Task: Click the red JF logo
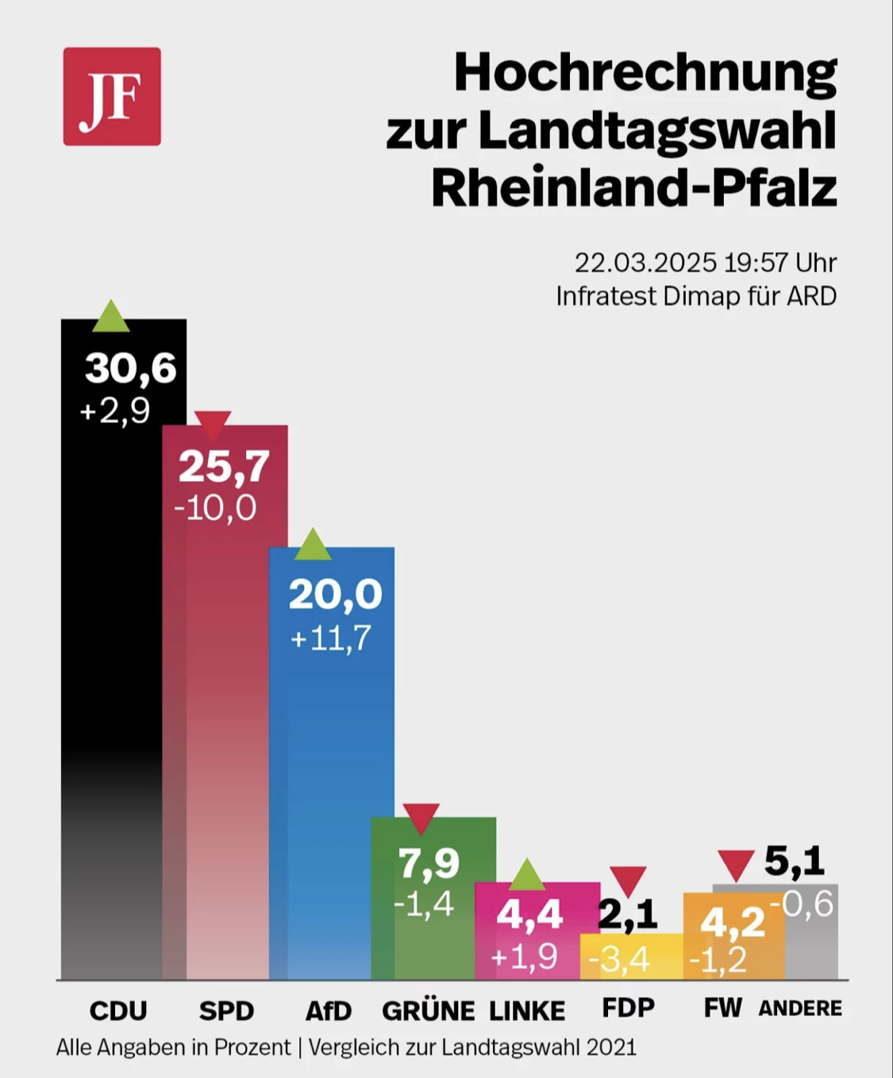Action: (x=112, y=96)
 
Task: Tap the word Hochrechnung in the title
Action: (x=645, y=72)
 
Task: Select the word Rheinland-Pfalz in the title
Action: (x=633, y=188)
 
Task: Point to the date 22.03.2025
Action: (x=645, y=263)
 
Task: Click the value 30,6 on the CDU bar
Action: (x=130, y=368)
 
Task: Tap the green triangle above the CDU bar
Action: (x=111, y=316)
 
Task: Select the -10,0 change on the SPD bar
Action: (x=215, y=508)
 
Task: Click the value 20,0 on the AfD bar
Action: (x=335, y=594)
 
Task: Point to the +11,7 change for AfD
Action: (x=330, y=638)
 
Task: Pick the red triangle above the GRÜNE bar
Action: (x=421, y=818)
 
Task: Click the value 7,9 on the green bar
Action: (x=429, y=863)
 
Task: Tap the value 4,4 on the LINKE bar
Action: (x=529, y=915)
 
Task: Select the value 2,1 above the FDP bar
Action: (x=627, y=915)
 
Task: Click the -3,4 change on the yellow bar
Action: (x=619, y=960)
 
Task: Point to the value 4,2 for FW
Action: (x=732, y=922)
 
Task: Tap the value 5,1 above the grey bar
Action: (x=794, y=861)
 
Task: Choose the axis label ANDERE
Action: (x=800, y=1008)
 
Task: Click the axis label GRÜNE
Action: (x=428, y=1011)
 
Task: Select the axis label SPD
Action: (x=226, y=1011)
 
